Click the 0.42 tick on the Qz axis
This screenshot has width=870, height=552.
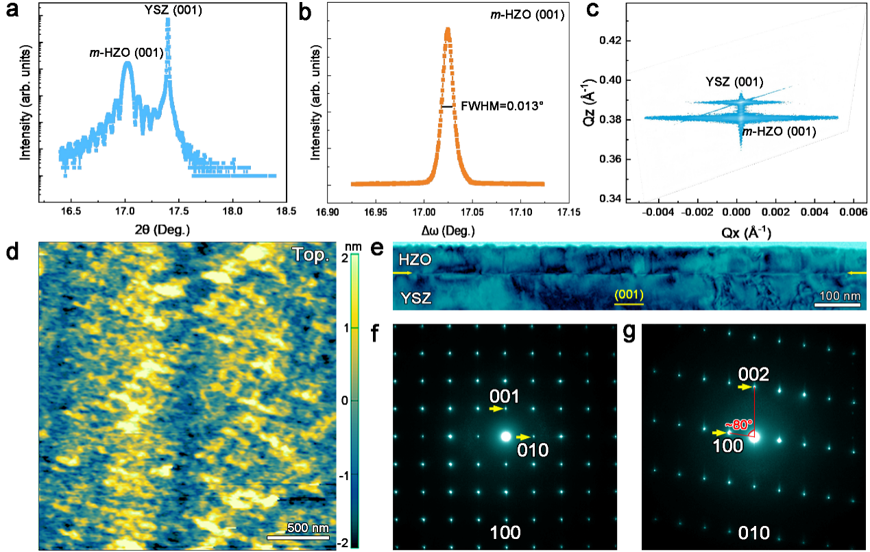pyautogui.click(x=611, y=40)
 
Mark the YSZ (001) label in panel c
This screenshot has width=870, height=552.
pyautogui.click(x=734, y=82)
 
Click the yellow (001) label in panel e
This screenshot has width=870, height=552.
pyautogui.click(x=629, y=295)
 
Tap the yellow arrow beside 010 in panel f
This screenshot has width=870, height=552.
pyautogui.click(x=523, y=437)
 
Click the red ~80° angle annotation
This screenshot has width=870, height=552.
pyautogui.click(x=740, y=424)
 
